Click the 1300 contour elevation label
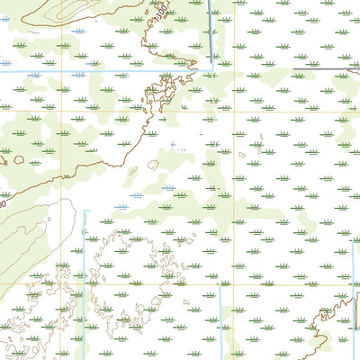coord(161,12)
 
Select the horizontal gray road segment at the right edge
coord(341,69)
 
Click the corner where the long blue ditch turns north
coord(212,68)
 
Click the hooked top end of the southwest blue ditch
coord(86,211)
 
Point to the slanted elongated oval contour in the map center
coord(133,171)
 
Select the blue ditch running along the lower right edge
coord(354,315)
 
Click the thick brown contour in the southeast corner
coord(333,315)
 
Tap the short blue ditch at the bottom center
coord(220,324)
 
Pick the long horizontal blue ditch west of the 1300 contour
coord(108,68)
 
